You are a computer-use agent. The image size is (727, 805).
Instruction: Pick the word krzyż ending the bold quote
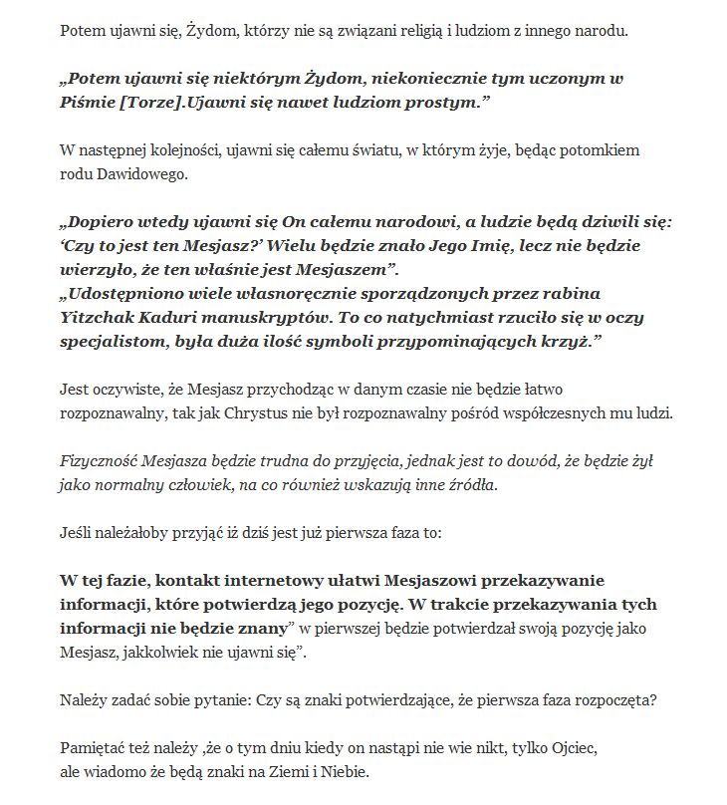(577, 342)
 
